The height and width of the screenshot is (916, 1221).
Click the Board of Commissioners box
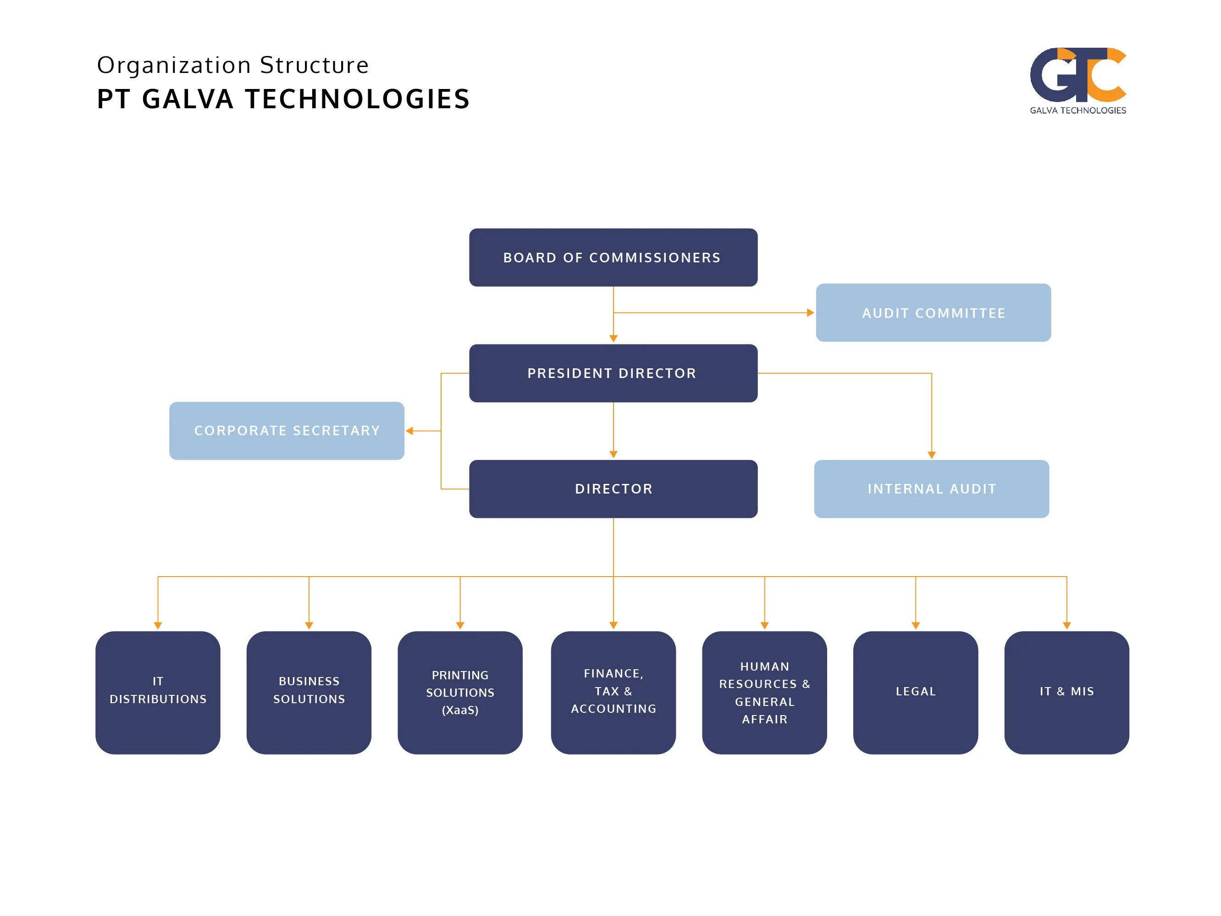[x=613, y=257]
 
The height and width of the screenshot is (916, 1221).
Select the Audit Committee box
[x=933, y=312]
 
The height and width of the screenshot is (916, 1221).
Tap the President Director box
[x=613, y=373]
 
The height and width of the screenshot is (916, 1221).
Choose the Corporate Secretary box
[x=287, y=431]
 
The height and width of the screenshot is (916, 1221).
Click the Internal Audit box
[x=931, y=489]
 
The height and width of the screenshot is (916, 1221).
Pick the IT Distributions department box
[x=158, y=692]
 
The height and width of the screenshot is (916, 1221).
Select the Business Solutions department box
[x=309, y=692]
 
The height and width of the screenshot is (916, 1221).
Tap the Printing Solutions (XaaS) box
[x=460, y=692]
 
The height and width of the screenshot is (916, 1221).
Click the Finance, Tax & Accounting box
[x=613, y=692]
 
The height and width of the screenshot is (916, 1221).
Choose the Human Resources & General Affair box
[x=764, y=692]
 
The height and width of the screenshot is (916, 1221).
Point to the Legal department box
[x=915, y=692]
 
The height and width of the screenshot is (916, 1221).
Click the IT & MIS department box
[x=1066, y=692]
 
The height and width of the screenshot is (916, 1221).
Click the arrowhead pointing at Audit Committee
[x=810, y=312]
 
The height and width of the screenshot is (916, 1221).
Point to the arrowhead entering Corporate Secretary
[x=409, y=431]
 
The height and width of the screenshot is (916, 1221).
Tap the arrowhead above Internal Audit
[x=932, y=455]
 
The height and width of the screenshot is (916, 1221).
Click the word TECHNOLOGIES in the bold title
[x=357, y=100]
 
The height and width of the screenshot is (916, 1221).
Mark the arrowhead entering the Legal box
[x=916, y=626]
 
